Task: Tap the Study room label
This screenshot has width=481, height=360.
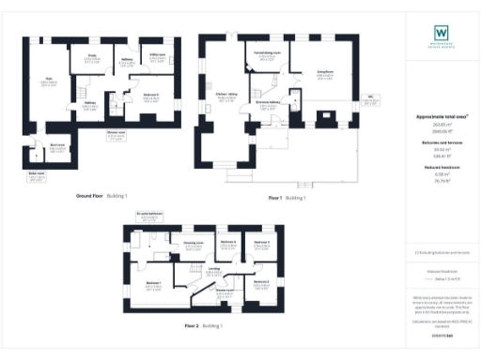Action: coord(93,56)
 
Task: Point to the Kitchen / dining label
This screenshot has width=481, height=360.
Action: coord(226,97)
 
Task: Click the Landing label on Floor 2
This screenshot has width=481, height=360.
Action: coord(214,269)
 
